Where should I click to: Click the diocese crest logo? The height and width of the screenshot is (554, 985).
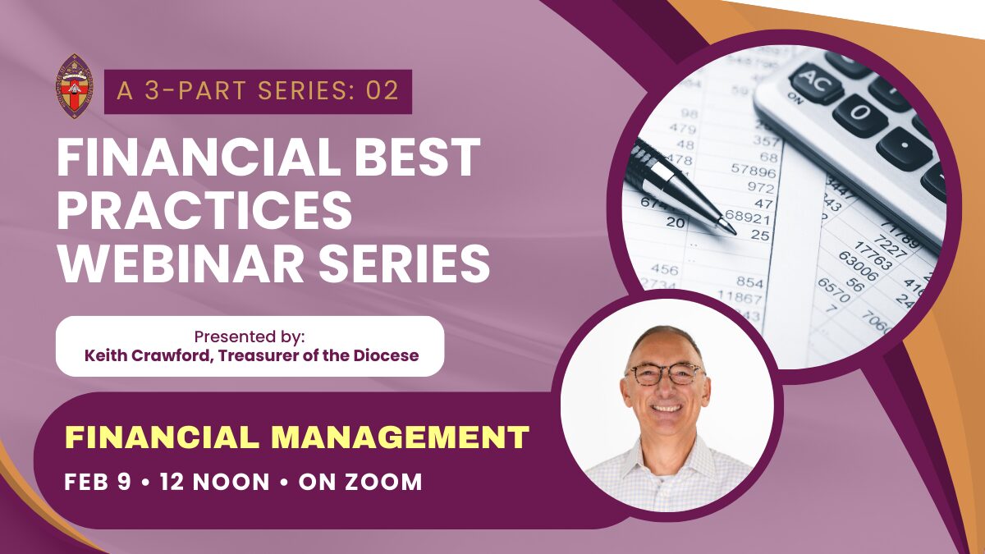click(x=75, y=87)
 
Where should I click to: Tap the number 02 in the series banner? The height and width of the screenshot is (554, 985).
click(x=383, y=91)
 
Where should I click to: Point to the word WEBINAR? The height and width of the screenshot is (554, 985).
click(x=181, y=263)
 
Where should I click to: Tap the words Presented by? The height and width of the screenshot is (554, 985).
click(x=250, y=337)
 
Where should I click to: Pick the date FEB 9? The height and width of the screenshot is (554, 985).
click(x=98, y=482)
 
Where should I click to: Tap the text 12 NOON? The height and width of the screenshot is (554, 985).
click(x=214, y=482)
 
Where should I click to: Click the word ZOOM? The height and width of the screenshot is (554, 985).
click(x=383, y=482)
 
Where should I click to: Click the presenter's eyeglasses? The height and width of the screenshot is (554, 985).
click(x=666, y=374)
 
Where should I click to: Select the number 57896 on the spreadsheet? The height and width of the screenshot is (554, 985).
click(x=754, y=171)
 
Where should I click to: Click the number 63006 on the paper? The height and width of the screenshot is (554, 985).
click(x=858, y=266)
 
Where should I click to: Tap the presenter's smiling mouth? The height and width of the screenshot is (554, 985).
click(x=667, y=408)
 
